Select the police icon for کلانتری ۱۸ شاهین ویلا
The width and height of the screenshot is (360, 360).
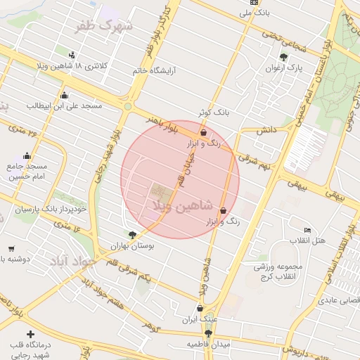click(72, 55)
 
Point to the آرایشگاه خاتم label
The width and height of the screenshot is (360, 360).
click(158, 71)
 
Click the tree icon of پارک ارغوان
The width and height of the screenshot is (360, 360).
click(283, 58)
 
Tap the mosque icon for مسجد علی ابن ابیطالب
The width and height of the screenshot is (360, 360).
click(65, 96)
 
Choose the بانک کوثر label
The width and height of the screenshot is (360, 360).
click(213, 112)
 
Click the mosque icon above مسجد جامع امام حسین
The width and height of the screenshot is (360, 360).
click(27, 156)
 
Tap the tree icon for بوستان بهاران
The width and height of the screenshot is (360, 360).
click(132, 236)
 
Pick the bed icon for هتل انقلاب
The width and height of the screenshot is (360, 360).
click(307, 230)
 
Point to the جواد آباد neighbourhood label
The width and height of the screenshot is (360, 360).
click(71, 261)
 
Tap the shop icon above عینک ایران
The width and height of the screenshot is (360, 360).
click(200, 308)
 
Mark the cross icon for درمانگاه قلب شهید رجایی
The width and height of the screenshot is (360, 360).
click(30, 334)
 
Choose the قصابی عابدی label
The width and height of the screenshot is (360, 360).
click(339, 300)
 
